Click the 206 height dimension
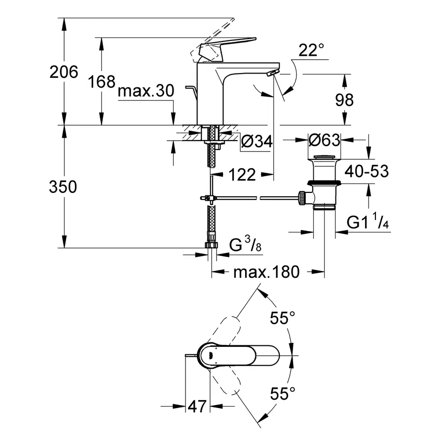(64, 72)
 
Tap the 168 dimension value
(102, 81)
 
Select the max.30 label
(146, 91)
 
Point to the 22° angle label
(311, 50)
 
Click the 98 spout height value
(344, 100)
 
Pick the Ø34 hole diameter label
(257, 141)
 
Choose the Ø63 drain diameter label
(324, 140)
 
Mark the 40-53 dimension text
(367, 171)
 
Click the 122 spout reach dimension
(242, 175)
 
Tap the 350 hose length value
(63, 186)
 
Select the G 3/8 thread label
(245, 244)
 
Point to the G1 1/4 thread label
(368, 221)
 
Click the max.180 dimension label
(266, 272)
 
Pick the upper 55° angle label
(283, 318)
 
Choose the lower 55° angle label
(283, 393)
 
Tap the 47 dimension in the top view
(197, 407)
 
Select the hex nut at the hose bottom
(212, 245)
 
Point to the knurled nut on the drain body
(302, 198)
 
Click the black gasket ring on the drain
(325, 183)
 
